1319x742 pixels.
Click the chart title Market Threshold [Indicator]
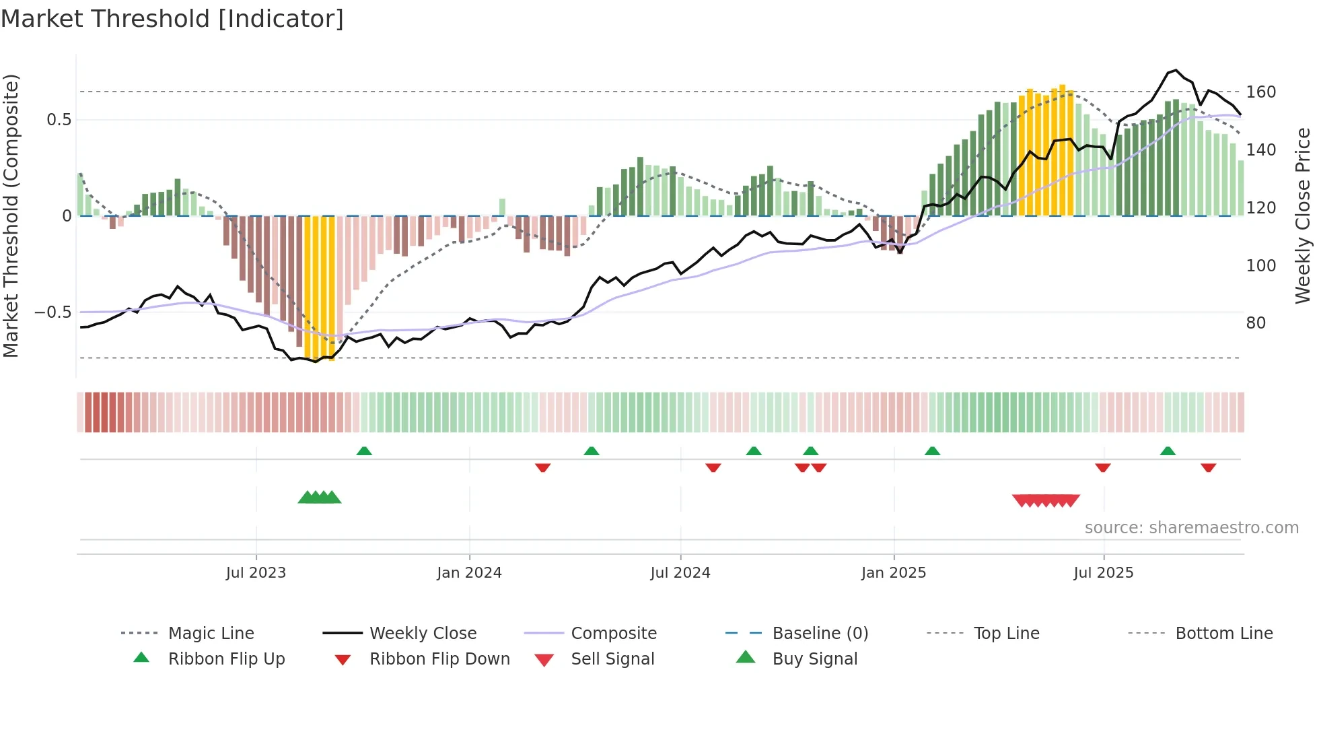point(172,19)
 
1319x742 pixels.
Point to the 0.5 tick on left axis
point(59,120)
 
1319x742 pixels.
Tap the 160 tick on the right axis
point(1260,92)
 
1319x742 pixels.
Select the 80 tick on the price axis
point(1256,323)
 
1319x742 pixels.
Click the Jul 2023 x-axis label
point(256,573)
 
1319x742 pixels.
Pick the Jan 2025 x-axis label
point(893,573)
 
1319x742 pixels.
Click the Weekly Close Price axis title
point(1303,215)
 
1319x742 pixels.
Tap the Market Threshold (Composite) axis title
point(11,215)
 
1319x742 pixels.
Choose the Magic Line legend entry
point(211,634)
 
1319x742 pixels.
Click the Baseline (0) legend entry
point(820,634)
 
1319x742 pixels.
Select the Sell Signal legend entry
point(612,659)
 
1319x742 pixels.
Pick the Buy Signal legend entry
point(814,659)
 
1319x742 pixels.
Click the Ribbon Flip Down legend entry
point(439,659)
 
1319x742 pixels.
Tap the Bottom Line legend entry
point(1223,634)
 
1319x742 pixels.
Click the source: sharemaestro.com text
point(1191,528)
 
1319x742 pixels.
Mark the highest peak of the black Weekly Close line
point(1175,70)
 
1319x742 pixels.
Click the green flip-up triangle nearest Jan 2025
point(932,451)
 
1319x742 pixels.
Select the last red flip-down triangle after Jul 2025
point(1208,467)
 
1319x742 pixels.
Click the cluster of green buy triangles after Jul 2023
point(320,498)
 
